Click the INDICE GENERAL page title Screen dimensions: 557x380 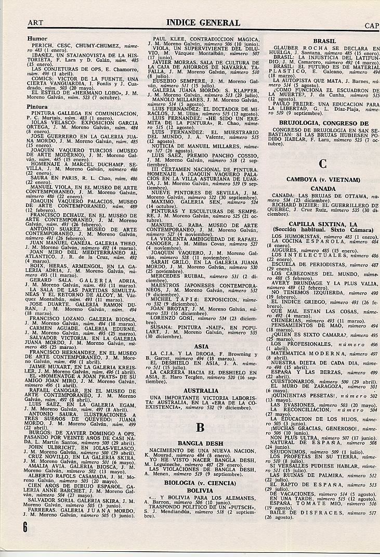pyautogui.click(x=203, y=23)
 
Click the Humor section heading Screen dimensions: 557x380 pyautogui.click(x=37, y=39)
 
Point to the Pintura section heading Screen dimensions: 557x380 pyautogui.click(x=38, y=107)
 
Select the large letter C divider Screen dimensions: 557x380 pyautogui.click(x=323, y=164)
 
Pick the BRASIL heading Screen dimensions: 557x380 pyautogui.click(x=324, y=41)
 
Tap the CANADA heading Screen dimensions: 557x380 pyautogui.click(x=323, y=188)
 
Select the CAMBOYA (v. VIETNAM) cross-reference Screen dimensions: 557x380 pyautogui.click(x=323, y=179)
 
